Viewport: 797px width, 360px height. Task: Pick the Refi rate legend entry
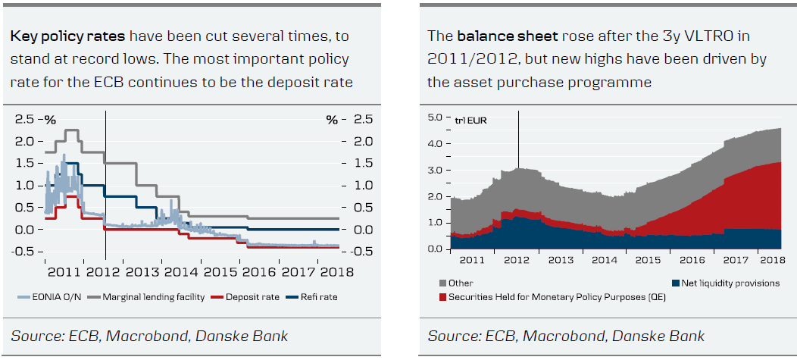pyautogui.click(x=317, y=297)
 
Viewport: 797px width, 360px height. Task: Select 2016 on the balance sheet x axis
pyautogui.click(x=692, y=260)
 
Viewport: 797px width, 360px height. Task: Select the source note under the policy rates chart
pyautogui.click(x=149, y=335)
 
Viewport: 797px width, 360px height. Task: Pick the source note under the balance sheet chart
pyautogui.click(x=566, y=335)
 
